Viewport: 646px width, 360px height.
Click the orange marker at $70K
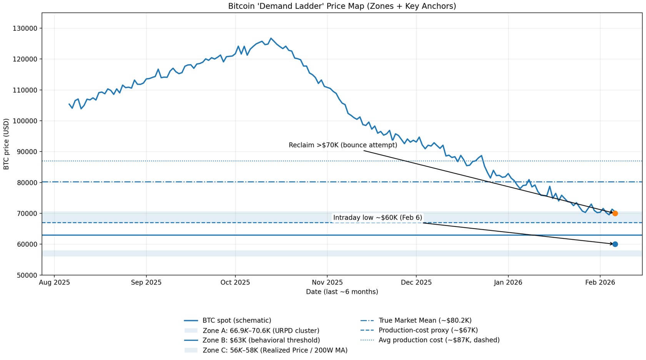[615, 213]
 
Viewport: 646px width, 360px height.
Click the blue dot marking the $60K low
[615, 244]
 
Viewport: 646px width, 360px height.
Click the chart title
[342, 6]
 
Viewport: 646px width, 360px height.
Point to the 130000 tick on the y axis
[25, 28]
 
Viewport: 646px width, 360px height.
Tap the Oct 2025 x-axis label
[235, 283]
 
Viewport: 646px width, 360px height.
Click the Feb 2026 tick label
[600, 283]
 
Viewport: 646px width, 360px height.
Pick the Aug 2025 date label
[54, 283]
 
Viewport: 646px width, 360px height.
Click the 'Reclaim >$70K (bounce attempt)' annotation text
[343, 145]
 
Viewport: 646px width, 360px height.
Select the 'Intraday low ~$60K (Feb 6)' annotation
[377, 218]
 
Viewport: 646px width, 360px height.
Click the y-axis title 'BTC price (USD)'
[6, 144]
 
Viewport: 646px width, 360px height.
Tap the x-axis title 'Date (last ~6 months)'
[342, 292]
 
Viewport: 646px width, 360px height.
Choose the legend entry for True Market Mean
[425, 320]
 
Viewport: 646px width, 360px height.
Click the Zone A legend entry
[260, 330]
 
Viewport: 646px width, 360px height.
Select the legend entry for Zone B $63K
[261, 340]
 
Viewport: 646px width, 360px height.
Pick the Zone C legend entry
[275, 350]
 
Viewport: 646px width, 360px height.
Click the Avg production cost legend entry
[439, 340]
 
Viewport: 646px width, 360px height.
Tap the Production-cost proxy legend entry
[428, 330]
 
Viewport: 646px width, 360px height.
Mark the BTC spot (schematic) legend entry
[236, 320]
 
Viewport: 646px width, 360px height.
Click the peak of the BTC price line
[271, 38]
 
